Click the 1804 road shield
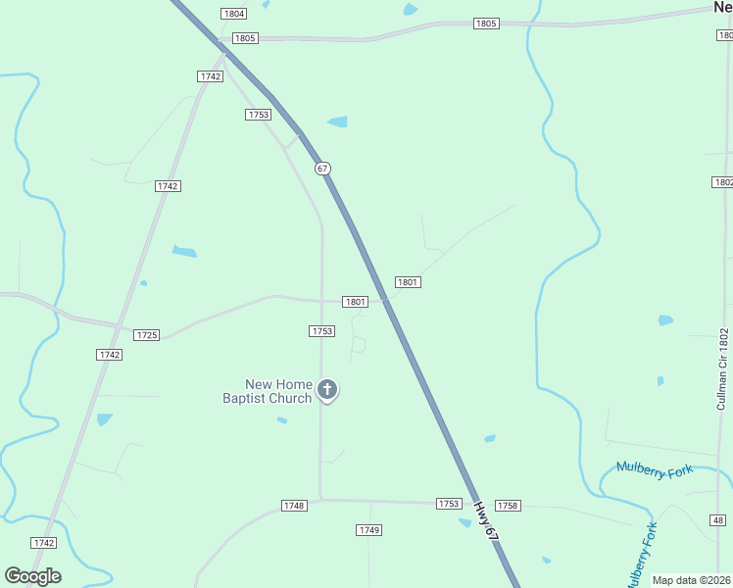tap(233, 14)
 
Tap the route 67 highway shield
tap(322, 169)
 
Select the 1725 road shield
tap(146, 335)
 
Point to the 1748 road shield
tap(294, 506)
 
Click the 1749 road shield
tap(368, 530)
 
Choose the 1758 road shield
tap(508, 506)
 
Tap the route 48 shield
tap(720, 520)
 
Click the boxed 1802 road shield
tap(722, 183)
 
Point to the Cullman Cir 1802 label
tap(723, 368)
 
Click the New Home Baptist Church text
tap(267, 391)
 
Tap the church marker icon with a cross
tap(327, 391)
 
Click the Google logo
tap(32, 576)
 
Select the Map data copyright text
tap(692, 580)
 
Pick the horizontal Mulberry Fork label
tap(654, 470)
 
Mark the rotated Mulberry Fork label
tap(640, 555)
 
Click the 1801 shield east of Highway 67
tap(408, 282)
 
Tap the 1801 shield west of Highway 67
tap(355, 302)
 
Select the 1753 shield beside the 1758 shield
tap(448, 504)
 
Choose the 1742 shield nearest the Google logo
tap(43, 543)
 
